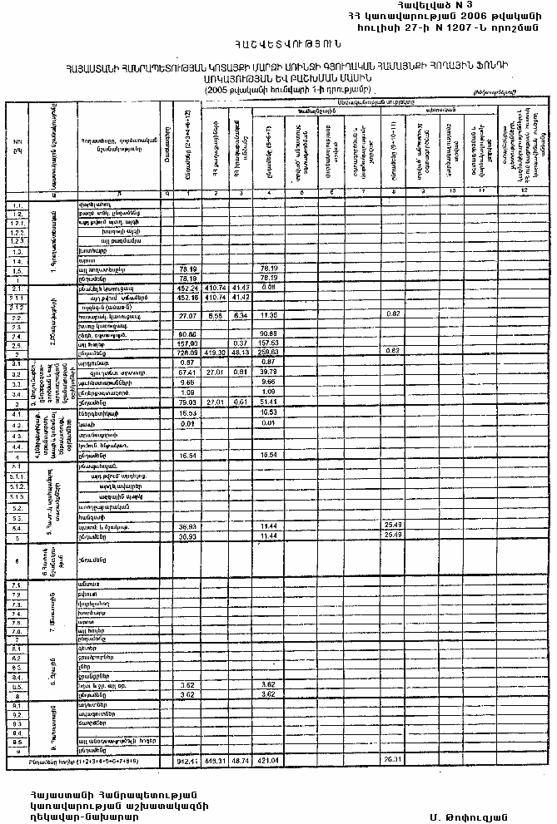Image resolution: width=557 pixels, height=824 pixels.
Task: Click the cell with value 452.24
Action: [187, 286]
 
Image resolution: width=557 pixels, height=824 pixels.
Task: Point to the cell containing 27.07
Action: [187, 316]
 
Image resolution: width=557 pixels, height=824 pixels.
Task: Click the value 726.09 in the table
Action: [187, 353]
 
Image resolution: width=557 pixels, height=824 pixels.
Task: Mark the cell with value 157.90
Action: [187, 343]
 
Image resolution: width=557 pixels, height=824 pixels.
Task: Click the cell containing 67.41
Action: [187, 373]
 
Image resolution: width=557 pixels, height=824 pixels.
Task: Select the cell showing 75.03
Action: [187, 402]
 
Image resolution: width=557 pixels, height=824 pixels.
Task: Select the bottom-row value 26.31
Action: [393, 761]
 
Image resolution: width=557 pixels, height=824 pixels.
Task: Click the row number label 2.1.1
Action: [17, 296]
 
